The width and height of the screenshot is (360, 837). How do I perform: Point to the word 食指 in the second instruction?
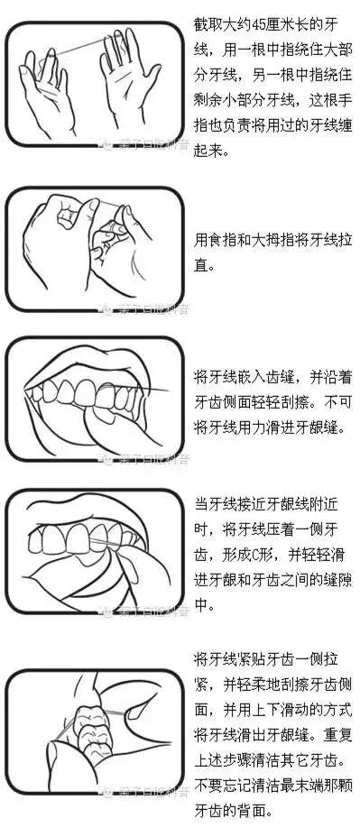[x=225, y=241]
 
